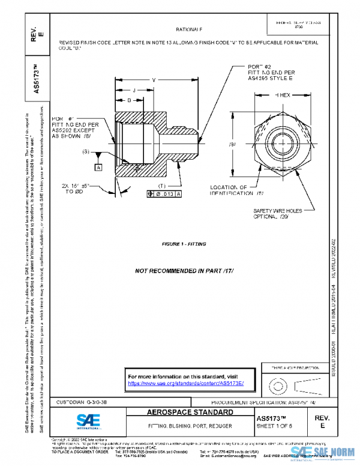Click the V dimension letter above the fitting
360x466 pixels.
click(x=154, y=80)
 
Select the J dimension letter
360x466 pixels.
click(x=134, y=90)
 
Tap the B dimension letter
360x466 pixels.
click(x=129, y=100)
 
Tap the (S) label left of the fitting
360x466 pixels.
click(x=88, y=151)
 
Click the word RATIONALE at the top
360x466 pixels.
click(x=189, y=29)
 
